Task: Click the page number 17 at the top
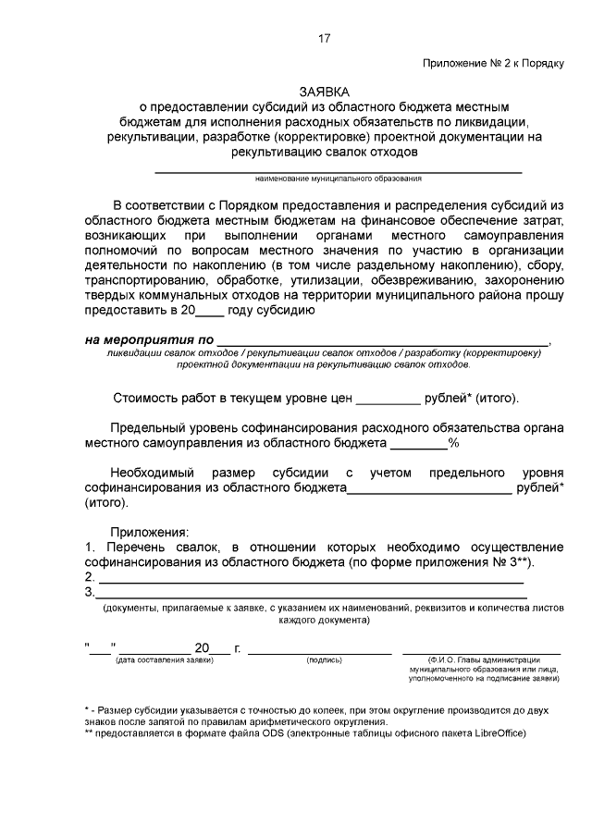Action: pos(324,38)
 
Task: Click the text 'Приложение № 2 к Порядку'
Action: pos(493,64)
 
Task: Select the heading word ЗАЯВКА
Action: pos(324,92)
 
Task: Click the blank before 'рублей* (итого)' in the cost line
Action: pos(387,399)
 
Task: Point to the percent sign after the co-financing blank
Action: pos(454,443)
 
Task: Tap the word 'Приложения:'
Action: pos(149,532)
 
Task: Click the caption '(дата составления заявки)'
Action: pos(165,659)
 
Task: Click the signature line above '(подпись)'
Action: pos(320,652)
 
